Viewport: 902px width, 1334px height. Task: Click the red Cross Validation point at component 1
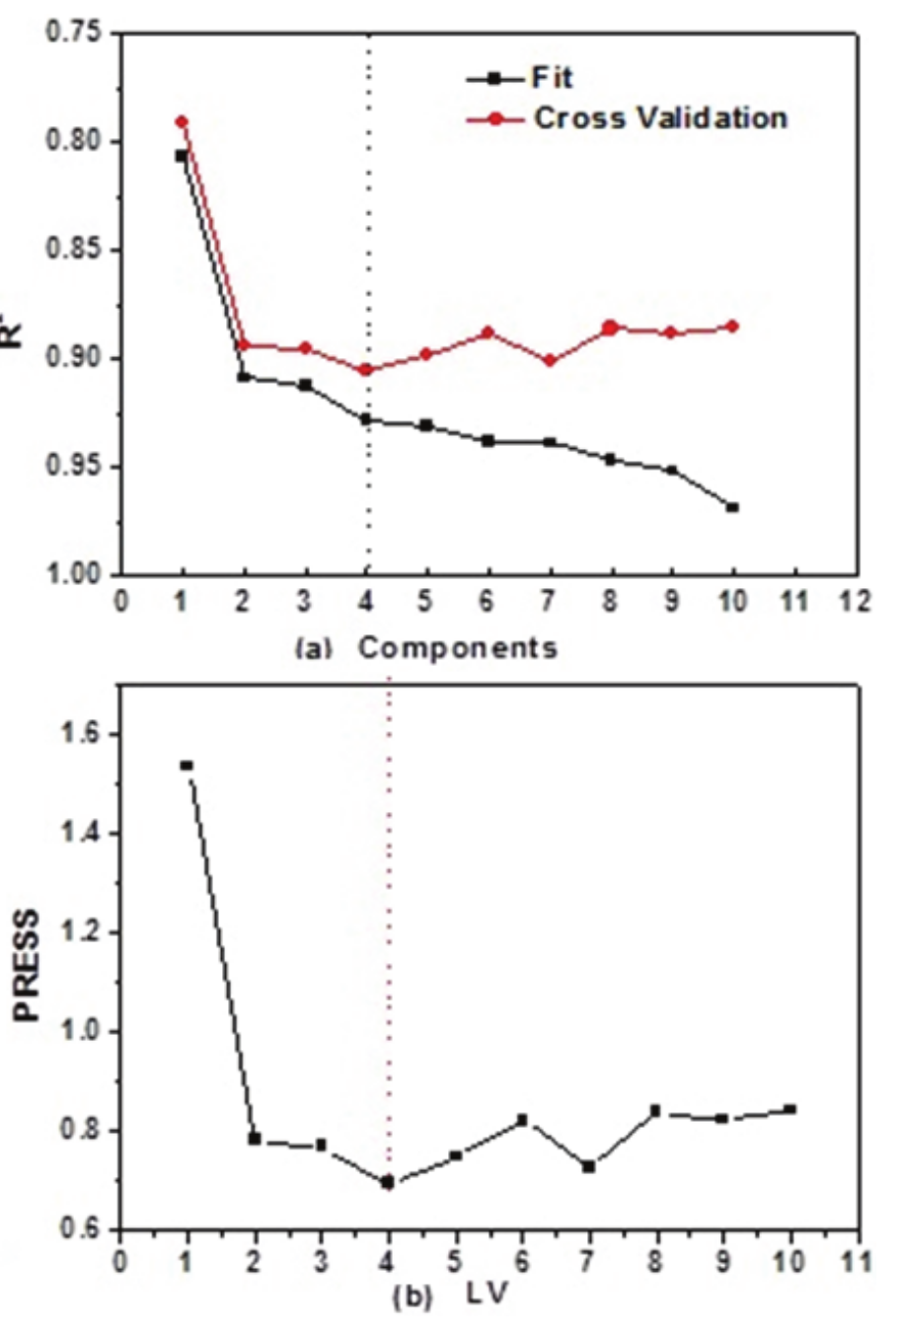(182, 121)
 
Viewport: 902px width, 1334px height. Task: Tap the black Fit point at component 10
(732, 507)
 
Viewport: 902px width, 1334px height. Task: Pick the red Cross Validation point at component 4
(366, 370)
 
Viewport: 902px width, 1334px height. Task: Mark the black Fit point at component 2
(244, 377)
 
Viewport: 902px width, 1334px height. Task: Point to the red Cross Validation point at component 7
(550, 361)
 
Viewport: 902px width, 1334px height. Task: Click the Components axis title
(457, 648)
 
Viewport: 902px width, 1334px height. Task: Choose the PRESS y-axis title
(29, 966)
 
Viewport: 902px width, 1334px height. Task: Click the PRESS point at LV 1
(187, 765)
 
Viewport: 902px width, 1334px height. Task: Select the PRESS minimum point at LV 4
(388, 1181)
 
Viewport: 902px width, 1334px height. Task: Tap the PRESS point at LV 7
(589, 1166)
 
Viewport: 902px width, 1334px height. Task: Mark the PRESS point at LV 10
(790, 1109)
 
